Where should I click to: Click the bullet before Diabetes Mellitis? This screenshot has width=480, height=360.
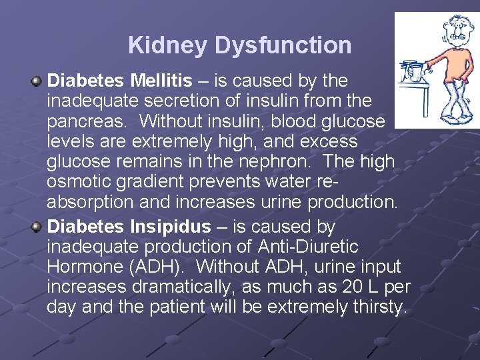pos(37,81)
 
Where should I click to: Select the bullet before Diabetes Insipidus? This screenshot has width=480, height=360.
pos(37,227)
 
